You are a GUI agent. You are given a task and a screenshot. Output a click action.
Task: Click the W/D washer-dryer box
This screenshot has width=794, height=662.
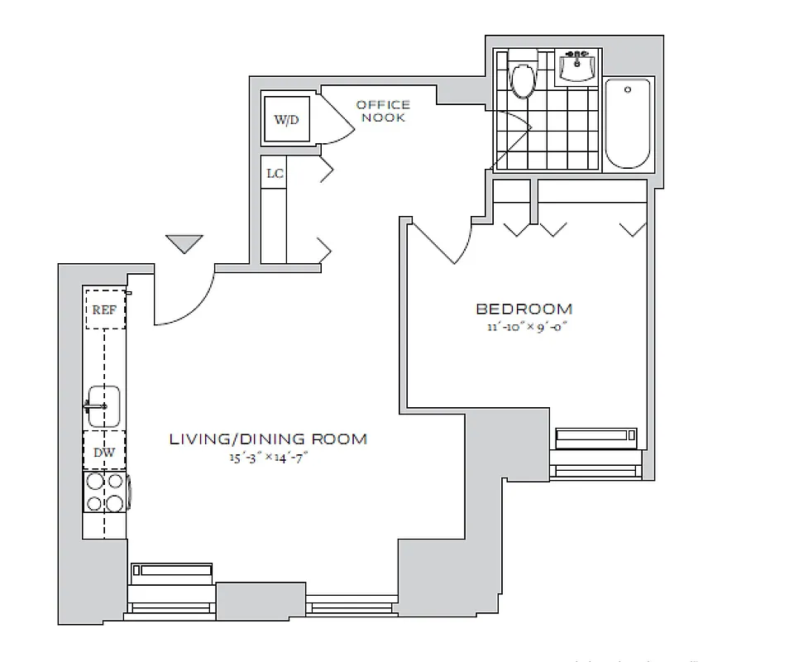pyautogui.click(x=286, y=119)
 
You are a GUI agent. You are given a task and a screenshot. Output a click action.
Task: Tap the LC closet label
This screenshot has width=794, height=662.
pyautogui.click(x=275, y=175)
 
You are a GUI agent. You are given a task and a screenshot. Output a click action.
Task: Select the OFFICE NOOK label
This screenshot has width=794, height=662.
pyautogui.click(x=382, y=111)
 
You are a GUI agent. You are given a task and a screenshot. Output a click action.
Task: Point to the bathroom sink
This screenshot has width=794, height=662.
pyautogui.click(x=577, y=66)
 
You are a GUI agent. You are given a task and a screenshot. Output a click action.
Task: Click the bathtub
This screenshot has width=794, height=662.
pyautogui.click(x=628, y=123)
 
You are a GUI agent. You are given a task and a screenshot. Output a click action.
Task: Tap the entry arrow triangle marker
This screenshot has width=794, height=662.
pyautogui.click(x=184, y=243)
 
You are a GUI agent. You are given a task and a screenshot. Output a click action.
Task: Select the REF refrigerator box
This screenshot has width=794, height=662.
pyautogui.click(x=104, y=309)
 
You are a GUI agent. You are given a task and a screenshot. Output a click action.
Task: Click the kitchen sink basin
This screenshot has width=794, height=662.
pyautogui.click(x=104, y=406)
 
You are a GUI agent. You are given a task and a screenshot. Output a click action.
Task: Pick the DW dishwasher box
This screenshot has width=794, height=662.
pyautogui.click(x=104, y=452)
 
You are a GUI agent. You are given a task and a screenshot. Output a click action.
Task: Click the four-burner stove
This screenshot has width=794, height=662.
pyautogui.click(x=105, y=492)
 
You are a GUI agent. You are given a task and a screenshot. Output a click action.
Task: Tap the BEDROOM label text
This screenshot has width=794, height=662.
pyautogui.click(x=524, y=309)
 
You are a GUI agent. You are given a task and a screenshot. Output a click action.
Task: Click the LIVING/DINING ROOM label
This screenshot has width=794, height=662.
pyautogui.click(x=268, y=439)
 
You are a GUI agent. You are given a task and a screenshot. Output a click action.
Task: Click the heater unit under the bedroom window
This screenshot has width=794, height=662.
pyautogui.click(x=595, y=436)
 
